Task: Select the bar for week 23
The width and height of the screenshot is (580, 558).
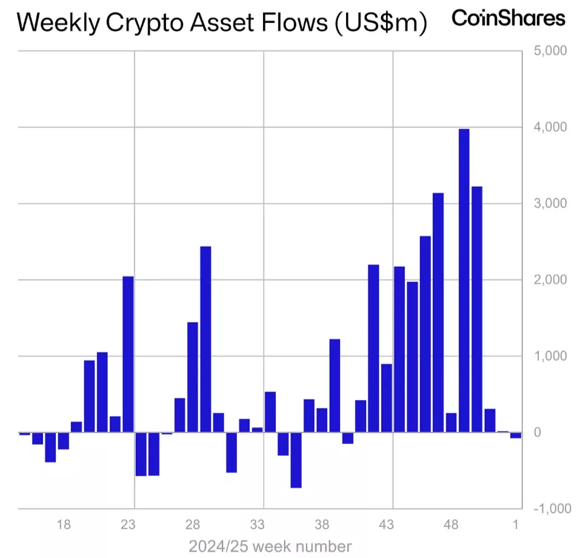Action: pos(128,354)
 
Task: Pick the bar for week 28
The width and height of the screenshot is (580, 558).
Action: pos(193,377)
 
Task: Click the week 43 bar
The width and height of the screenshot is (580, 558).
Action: pos(386,398)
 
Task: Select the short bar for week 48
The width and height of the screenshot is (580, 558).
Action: pos(451,423)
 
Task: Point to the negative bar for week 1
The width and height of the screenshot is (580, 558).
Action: pos(516,435)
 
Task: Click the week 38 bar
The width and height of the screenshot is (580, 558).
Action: pos(322,420)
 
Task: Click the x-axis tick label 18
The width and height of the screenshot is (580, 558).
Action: pos(64,525)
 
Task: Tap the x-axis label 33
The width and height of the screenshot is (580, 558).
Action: pos(258,525)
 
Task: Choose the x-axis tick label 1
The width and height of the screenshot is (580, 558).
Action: pos(516,525)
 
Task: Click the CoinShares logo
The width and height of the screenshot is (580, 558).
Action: pos(508,18)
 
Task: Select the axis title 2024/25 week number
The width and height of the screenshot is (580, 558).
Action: pos(270,546)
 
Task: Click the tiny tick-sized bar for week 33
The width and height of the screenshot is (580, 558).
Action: pos(257,429)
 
